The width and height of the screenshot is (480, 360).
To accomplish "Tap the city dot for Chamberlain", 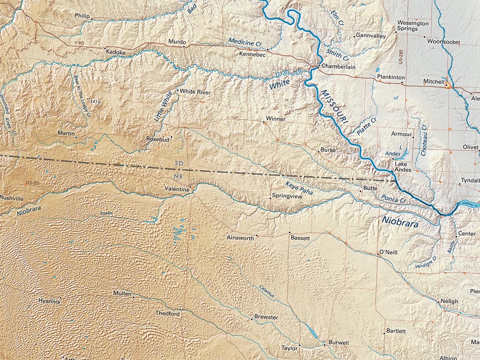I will coord(319,66).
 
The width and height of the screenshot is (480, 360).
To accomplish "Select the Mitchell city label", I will coord(434,82).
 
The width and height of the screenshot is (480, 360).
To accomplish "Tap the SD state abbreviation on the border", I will coord(179,163).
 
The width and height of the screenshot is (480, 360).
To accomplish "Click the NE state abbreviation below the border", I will coord(179,176).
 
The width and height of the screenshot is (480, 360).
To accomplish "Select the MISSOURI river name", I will coord(335,107).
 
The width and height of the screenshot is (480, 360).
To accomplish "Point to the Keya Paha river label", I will coord(299,187).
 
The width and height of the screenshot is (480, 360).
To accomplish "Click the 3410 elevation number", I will coord(95,101).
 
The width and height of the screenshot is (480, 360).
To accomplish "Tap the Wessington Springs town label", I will coord(412,26).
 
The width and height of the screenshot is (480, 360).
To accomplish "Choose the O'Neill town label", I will coord(388,252).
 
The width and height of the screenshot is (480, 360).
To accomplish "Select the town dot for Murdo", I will coord(184,46).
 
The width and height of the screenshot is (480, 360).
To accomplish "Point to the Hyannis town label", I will coord(49,301).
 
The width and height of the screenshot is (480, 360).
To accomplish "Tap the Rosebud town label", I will coord(157,139).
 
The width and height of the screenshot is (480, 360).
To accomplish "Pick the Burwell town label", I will coord(338,343).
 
